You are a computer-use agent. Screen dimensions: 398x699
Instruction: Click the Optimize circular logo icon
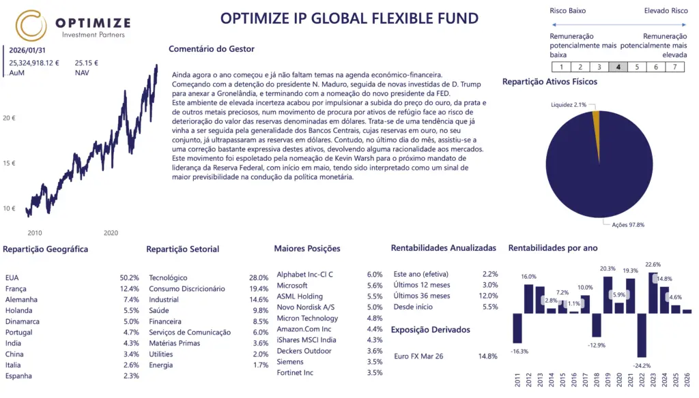tap(31, 25)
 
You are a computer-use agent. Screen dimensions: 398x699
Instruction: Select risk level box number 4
tap(618, 67)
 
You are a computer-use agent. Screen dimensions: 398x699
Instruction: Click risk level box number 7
tap(674, 67)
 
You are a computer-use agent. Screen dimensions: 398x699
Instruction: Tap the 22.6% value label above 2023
tap(653, 264)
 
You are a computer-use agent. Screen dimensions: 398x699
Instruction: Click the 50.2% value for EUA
tap(129, 278)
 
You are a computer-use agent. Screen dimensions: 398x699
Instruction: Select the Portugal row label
tap(18, 333)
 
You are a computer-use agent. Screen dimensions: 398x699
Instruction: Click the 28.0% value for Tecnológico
tap(259, 278)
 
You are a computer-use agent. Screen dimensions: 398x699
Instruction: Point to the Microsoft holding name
tap(292, 286)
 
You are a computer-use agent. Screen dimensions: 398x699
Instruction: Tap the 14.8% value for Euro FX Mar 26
tap(488, 356)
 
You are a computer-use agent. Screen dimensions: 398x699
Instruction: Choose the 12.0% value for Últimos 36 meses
tap(488, 296)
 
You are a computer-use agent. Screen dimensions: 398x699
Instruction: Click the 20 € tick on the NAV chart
tap(9, 118)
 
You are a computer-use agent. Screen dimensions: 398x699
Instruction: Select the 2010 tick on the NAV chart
tap(34, 232)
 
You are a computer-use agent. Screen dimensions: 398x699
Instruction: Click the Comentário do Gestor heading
tap(212, 49)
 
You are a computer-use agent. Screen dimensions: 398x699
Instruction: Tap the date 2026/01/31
tap(27, 50)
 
